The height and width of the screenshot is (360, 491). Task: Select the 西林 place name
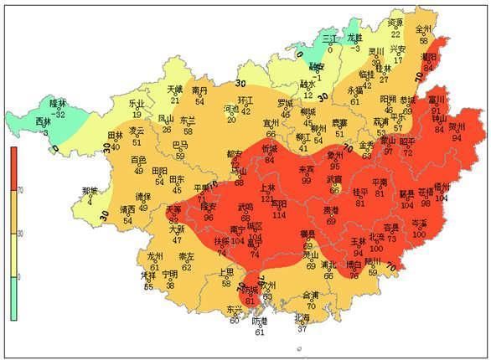[42, 122]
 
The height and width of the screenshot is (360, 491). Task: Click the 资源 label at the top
[395, 23]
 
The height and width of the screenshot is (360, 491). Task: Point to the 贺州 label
[457, 127]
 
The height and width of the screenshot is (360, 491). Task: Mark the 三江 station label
[331, 39]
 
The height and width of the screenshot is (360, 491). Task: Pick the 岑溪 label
[419, 224]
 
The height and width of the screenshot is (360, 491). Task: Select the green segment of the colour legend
[14, 298]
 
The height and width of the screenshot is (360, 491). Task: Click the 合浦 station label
[310, 296]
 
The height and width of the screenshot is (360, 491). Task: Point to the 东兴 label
[234, 310]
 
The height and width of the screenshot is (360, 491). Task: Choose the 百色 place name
[138, 159]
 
